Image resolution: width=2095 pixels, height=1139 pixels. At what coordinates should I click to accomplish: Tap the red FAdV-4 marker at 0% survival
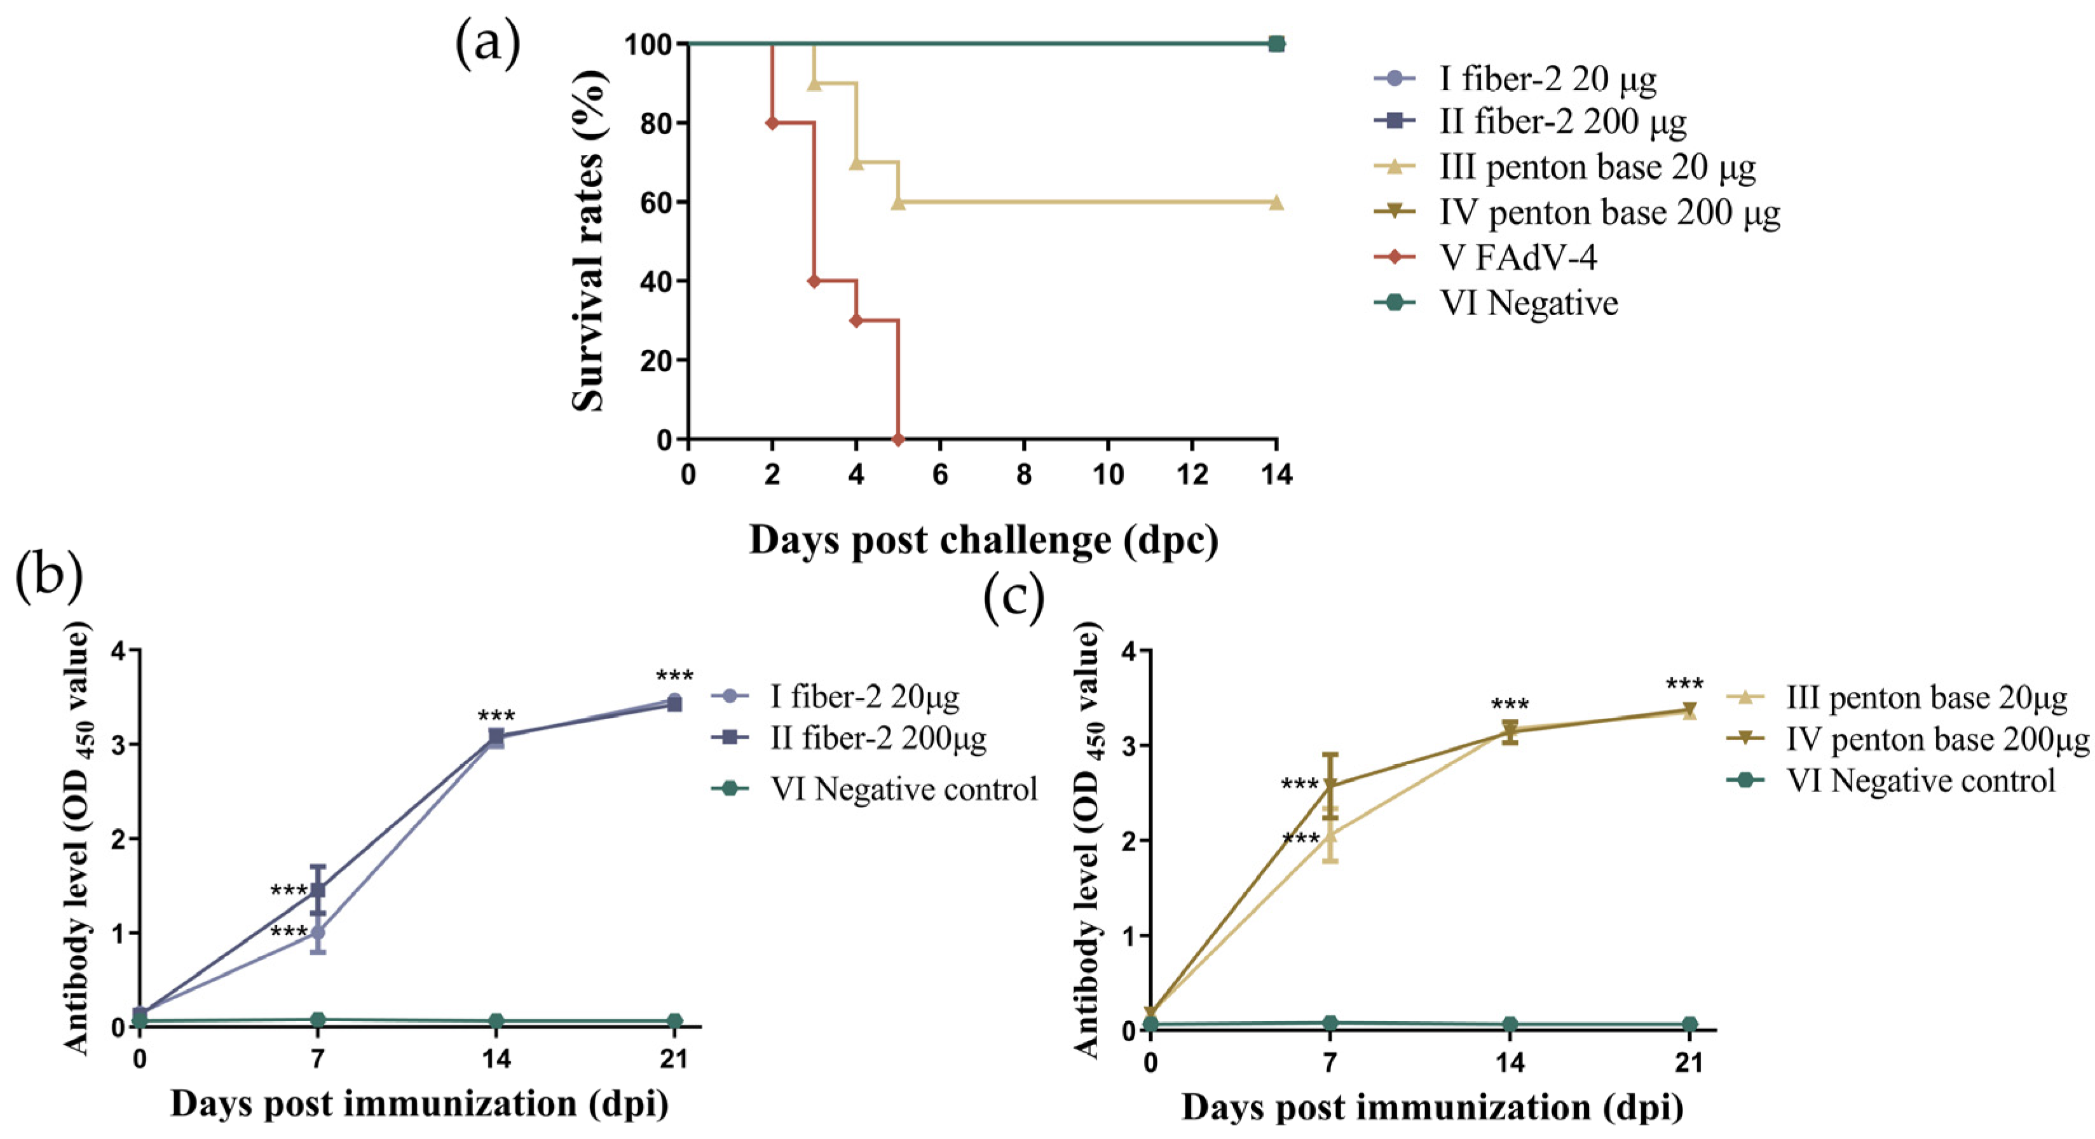(x=898, y=439)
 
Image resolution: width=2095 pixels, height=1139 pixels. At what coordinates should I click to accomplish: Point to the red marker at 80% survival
(x=772, y=123)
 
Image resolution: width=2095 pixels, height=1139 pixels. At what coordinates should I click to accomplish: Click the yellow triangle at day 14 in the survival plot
(x=1276, y=203)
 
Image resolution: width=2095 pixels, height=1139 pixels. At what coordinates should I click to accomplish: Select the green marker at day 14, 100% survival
(x=1277, y=43)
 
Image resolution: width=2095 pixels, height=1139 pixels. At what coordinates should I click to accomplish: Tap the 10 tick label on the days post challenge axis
(x=1108, y=475)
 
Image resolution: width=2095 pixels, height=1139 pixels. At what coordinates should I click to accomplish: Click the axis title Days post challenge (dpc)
(x=983, y=540)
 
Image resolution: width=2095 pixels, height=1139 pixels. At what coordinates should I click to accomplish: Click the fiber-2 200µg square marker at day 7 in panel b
(x=318, y=890)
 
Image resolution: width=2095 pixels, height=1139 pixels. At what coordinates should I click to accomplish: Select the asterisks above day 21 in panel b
(x=674, y=677)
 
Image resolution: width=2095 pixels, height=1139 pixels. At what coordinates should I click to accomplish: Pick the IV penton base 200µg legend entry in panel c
(x=1936, y=739)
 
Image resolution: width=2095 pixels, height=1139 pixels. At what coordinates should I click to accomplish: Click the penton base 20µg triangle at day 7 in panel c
(x=1330, y=835)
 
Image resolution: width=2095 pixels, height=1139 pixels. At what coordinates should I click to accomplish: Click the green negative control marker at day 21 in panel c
(x=1689, y=1023)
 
